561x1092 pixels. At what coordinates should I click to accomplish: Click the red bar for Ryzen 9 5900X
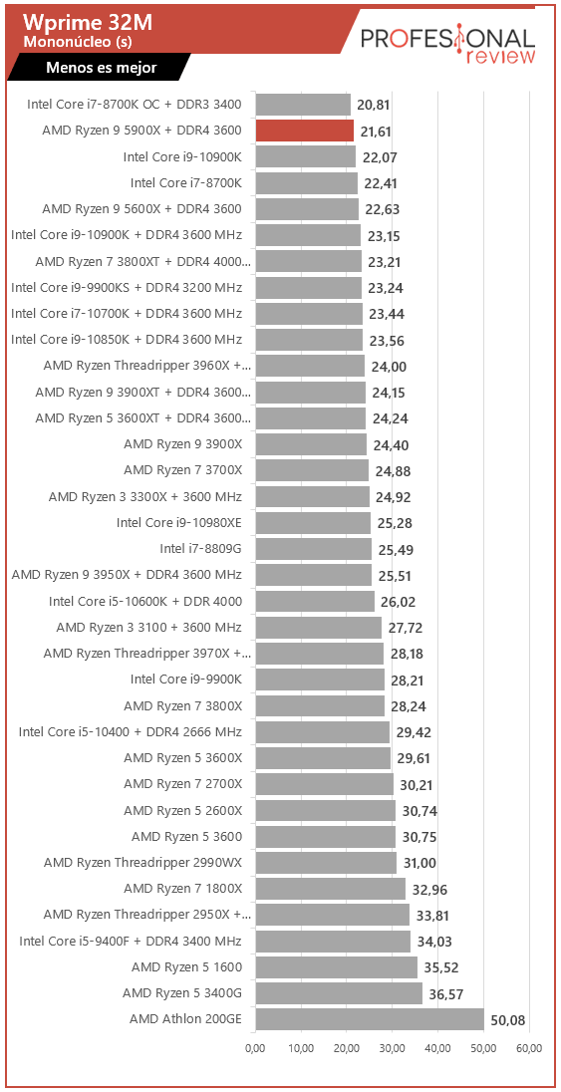coord(305,131)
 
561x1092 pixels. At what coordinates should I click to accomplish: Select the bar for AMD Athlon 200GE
coord(370,1019)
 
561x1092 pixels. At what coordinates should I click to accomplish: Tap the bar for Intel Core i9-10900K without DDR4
coord(305,156)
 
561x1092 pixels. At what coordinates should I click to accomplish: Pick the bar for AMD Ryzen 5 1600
coord(337,966)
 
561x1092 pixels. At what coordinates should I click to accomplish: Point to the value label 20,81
coord(373,106)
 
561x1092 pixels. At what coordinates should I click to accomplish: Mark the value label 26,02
coord(397,602)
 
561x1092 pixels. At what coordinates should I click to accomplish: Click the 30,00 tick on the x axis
coord(393,1047)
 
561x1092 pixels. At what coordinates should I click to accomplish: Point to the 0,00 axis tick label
coord(256,1047)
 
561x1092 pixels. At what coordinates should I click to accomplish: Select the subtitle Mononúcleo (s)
coord(78,42)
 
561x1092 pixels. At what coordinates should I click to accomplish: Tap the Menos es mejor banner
coord(101,68)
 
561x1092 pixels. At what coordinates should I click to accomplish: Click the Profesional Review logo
coord(448,45)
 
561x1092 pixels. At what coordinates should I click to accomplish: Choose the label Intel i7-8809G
coord(200,549)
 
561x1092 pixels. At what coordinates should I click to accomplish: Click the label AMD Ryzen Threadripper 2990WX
coord(142,863)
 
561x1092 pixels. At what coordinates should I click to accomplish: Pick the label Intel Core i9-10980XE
coord(179,522)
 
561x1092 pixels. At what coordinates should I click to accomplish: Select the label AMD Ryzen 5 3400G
coord(182,992)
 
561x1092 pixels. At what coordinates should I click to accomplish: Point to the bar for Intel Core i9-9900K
coord(320,680)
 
